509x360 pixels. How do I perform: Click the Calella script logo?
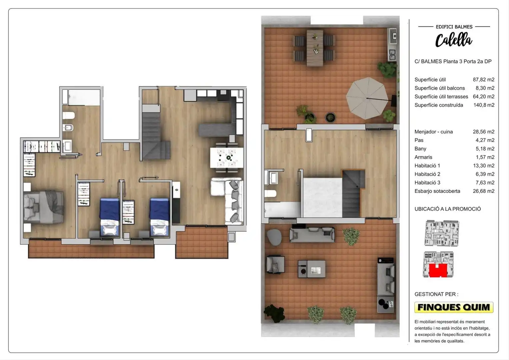point(454,40)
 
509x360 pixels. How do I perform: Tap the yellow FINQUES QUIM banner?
point(454,307)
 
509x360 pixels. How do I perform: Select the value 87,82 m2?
point(484,80)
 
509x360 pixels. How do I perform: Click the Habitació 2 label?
point(427,174)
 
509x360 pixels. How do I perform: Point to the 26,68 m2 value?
point(484,191)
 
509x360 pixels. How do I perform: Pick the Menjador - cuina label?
point(434,132)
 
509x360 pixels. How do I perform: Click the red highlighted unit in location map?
point(438,270)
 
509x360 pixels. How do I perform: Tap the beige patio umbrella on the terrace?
point(367,98)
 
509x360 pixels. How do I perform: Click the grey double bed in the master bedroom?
point(43,207)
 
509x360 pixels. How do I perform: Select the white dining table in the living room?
point(227,158)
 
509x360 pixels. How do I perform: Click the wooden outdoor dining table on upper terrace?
point(315,48)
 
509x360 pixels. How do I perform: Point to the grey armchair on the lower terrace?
point(275,264)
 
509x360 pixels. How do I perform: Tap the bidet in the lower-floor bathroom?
point(68,127)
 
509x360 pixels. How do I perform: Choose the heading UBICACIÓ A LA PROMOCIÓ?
point(447,209)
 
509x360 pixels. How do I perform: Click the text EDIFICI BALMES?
point(454,27)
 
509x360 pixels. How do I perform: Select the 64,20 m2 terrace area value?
point(484,97)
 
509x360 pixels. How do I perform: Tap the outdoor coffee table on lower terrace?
point(312,269)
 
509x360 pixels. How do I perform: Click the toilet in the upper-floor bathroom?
point(271,194)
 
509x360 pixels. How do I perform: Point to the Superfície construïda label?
point(439,105)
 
